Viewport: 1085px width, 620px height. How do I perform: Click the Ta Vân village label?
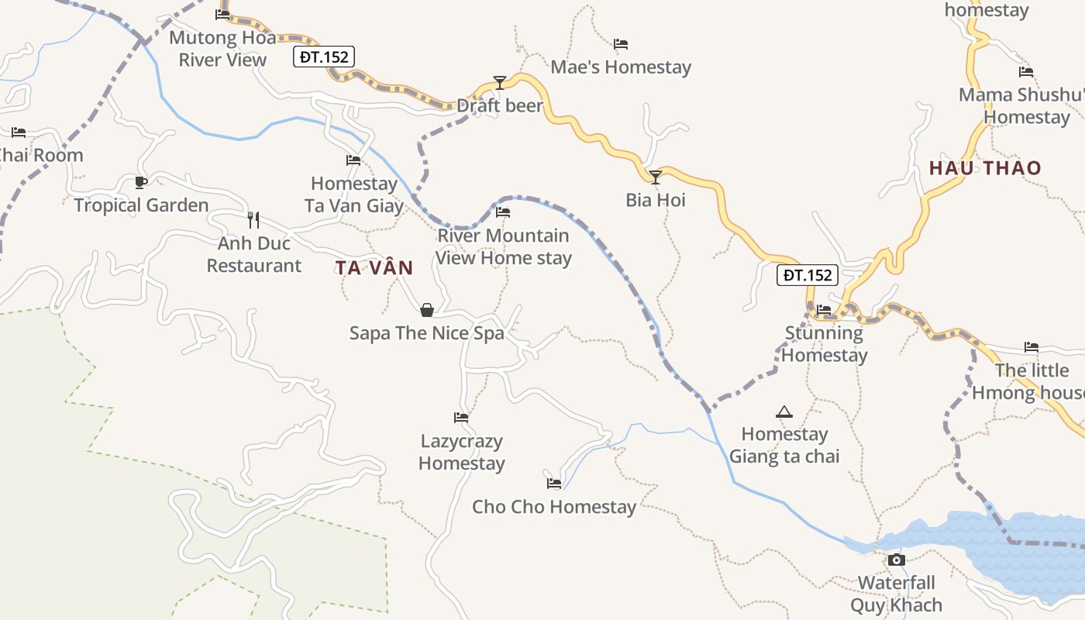tap(374, 268)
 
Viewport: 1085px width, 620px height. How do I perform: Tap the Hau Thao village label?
tap(985, 168)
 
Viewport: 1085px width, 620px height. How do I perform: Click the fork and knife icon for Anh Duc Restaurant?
tap(253, 219)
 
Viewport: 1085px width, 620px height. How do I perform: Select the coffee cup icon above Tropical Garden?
tap(140, 182)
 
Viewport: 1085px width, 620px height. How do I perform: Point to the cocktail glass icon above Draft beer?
tap(500, 82)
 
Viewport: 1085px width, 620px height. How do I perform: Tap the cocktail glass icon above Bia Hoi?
tap(656, 177)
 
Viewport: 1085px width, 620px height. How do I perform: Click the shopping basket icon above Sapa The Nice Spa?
tap(426, 310)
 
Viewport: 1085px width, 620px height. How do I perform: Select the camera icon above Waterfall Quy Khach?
tap(896, 560)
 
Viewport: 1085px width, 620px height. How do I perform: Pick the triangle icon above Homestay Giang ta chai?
tap(784, 412)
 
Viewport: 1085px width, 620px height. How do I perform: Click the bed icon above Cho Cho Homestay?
tap(553, 483)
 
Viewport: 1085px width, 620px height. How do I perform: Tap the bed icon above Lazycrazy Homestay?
tap(461, 418)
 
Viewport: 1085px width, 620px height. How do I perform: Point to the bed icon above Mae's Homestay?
tap(620, 44)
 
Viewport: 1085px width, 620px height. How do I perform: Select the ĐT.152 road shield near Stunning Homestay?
tap(808, 275)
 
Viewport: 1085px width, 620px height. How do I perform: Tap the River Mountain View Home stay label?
tap(504, 246)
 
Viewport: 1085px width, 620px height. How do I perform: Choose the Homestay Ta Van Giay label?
tap(354, 195)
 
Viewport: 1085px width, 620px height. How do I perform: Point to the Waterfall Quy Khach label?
tap(897, 594)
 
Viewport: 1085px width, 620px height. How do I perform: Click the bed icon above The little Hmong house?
tap(1031, 346)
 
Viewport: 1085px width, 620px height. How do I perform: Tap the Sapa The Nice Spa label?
tap(426, 333)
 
